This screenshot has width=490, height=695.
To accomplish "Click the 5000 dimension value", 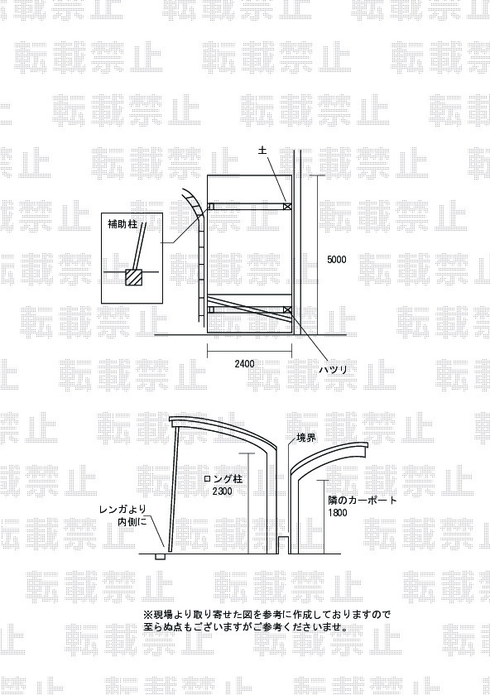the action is pos(337,260).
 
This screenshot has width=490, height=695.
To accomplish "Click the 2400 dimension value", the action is pos(244,364).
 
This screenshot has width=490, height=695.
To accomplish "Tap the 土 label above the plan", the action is pos(262,151).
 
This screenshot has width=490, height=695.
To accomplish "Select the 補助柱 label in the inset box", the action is pos(122,225).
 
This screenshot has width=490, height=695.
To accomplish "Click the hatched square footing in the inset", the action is pos(133,276).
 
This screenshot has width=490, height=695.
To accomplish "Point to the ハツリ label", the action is pos(334,369).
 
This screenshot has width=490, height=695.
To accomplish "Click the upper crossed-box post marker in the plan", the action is pos(287,206).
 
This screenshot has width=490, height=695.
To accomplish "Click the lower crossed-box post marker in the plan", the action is pos(287,309).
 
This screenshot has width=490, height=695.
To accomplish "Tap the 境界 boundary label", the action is pos(306,439).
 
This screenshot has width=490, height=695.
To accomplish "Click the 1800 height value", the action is pos(338,513).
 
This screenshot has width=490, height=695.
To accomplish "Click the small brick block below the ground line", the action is pos(159,557).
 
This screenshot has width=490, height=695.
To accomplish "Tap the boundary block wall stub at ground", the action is pos(283,544).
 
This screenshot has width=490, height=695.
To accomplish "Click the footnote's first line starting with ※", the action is pos(267,615).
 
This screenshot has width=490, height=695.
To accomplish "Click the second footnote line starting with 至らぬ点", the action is pos(245,627).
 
